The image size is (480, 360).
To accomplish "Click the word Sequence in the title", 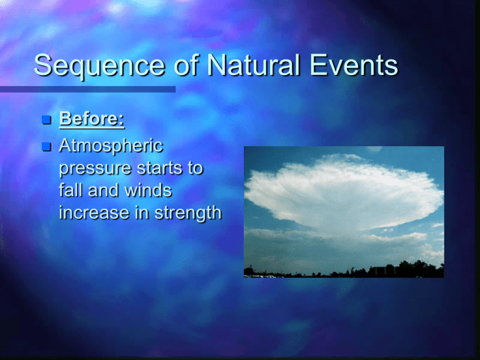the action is click(x=99, y=66).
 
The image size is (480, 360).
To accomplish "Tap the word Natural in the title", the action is click(x=253, y=65).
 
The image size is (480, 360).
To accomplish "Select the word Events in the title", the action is click(x=354, y=65).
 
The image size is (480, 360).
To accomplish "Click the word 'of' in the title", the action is click(x=186, y=64).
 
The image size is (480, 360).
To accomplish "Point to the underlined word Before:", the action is click(x=92, y=119).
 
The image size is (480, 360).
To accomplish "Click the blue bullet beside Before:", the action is click(x=46, y=120).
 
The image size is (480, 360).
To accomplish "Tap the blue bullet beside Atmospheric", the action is click(x=46, y=147).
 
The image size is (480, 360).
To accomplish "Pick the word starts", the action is click(x=159, y=168).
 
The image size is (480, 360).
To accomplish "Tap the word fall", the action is click(x=71, y=190).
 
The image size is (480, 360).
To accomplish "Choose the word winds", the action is click(x=148, y=190).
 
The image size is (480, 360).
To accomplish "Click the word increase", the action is click(x=94, y=212).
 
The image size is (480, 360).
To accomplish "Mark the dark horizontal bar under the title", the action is click(x=87, y=89).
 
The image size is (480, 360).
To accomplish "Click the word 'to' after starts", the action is click(x=195, y=168).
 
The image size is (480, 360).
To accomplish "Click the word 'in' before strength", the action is click(x=142, y=212).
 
